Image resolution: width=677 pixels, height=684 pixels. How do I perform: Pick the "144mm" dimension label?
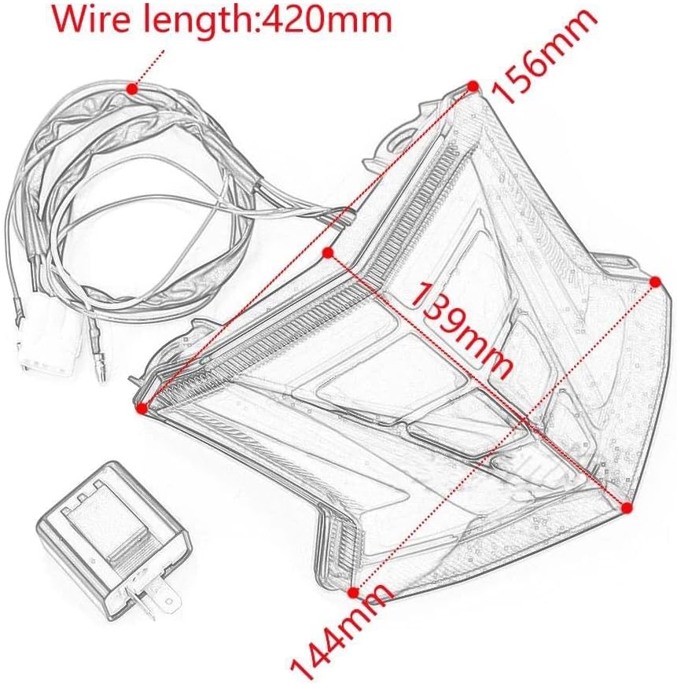(x=343, y=637)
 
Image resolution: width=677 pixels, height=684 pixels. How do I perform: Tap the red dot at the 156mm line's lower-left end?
(x=142, y=407)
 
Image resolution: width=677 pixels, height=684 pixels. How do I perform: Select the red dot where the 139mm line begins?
(x=329, y=252)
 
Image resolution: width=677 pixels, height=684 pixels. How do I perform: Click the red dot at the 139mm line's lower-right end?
(x=627, y=508)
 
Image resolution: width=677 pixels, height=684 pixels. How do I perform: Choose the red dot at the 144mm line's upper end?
(x=654, y=281)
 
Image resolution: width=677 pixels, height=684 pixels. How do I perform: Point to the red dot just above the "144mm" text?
(x=353, y=591)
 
